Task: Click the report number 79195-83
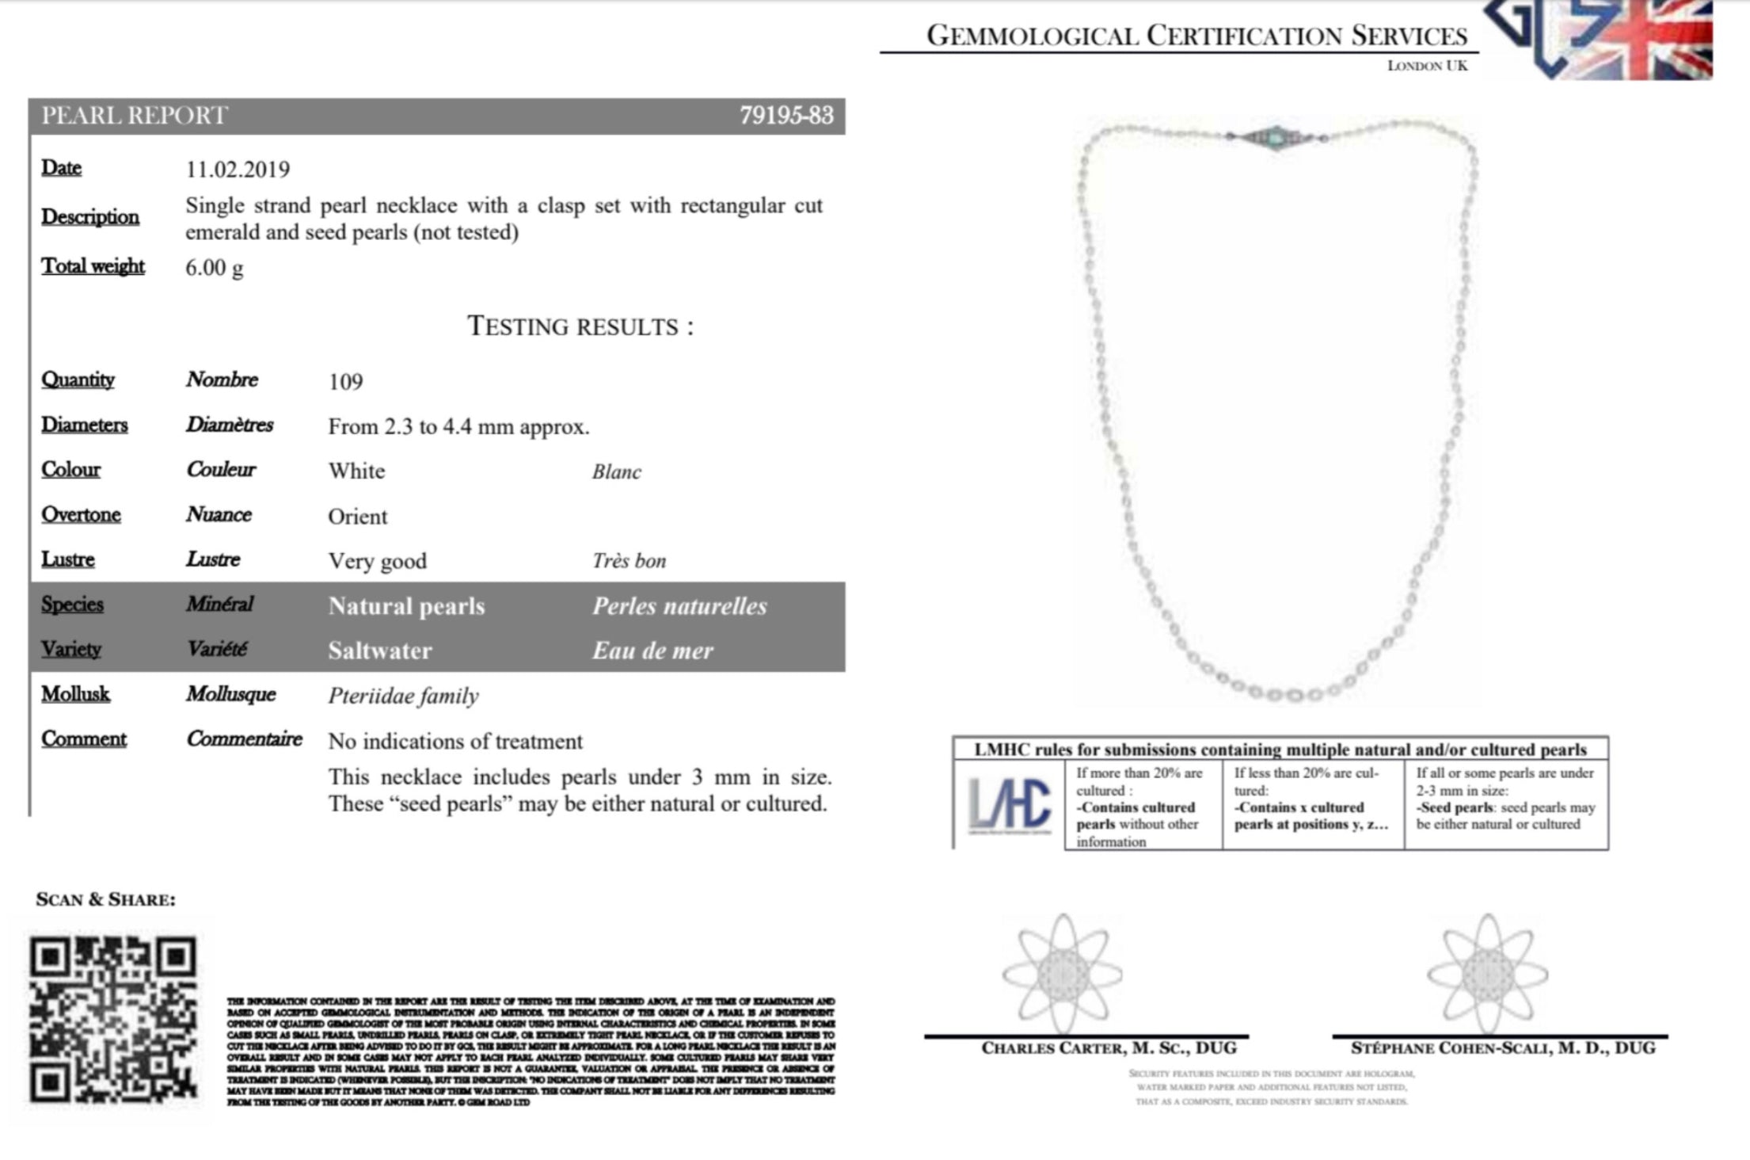coord(786,116)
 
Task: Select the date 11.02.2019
coord(238,170)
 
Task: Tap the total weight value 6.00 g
coord(214,268)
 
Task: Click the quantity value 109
coord(345,382)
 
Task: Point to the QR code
coord(113,1020)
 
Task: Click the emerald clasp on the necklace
coord(1276,137)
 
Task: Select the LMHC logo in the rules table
coord(1009,805)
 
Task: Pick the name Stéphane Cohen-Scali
coord(1502,1048)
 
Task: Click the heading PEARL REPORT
coord(135,116)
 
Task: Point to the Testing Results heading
coord(580,326)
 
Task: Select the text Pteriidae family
coord(403,696)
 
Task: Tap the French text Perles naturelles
coord(679,607)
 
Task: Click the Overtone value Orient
coord(357,517)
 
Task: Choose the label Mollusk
coord(75,694)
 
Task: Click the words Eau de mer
coord(652,651)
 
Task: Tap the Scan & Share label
coord(105,899)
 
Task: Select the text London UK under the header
coord(1427,66)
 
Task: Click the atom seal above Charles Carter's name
coord(1062,975)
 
